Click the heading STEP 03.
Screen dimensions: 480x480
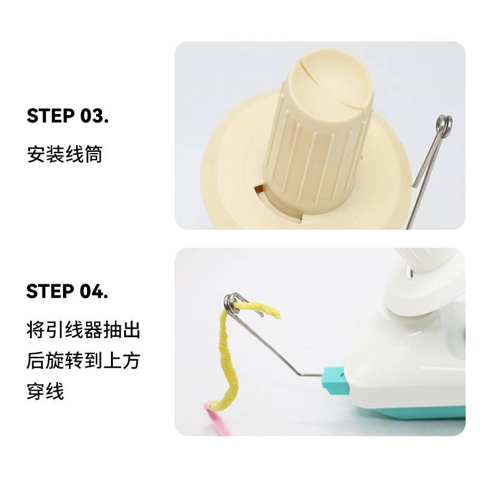67,116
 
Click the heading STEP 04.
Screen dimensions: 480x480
67,292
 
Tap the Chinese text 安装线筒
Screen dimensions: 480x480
65,154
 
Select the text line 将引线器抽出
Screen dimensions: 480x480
83,330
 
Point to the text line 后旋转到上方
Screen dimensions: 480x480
83,361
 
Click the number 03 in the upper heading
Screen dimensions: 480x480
94,116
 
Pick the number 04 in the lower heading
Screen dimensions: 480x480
94,292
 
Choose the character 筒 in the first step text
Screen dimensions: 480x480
93,154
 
